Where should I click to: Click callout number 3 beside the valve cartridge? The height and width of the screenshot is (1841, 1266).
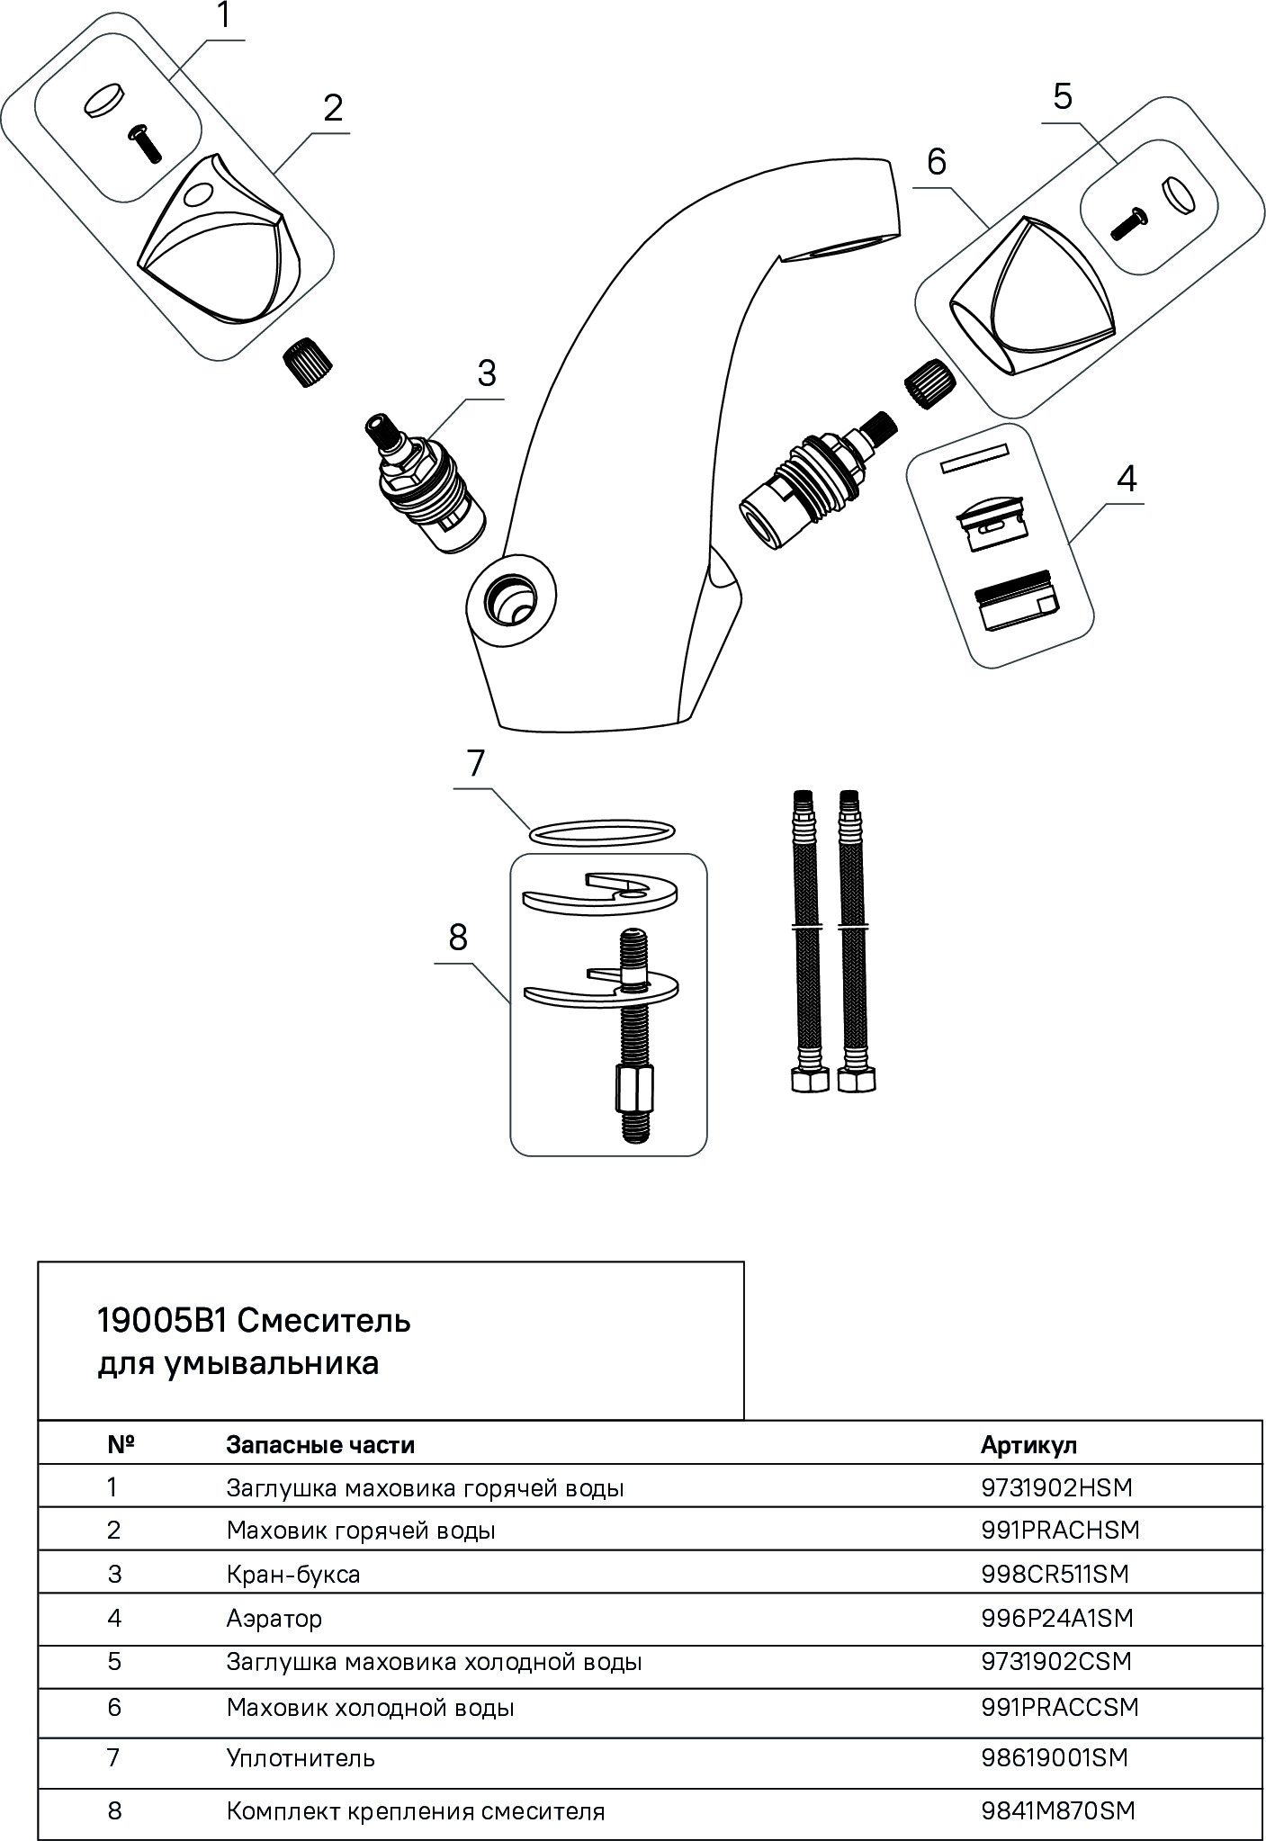click(487, 373)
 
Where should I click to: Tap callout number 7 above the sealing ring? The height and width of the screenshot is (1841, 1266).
click(475, 764)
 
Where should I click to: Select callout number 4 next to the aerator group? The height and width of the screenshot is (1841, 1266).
click(1126, 478)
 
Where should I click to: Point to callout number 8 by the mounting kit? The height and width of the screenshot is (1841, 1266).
click(458, 938)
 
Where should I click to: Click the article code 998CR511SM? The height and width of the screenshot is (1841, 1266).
click(1054, 1574)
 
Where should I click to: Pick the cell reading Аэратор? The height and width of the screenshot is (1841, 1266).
click(274, 1619)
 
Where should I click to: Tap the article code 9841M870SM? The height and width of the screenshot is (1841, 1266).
click(1057, 1810)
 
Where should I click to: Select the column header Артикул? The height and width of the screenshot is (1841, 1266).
click(1028, 1445)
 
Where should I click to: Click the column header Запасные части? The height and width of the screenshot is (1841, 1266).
click(320, 1445)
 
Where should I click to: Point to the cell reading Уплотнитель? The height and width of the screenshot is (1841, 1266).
click(301, 1757)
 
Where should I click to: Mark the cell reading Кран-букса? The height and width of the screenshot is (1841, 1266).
click(293, 1574)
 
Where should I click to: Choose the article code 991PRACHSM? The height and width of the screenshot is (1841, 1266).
click(1060, 1530)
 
